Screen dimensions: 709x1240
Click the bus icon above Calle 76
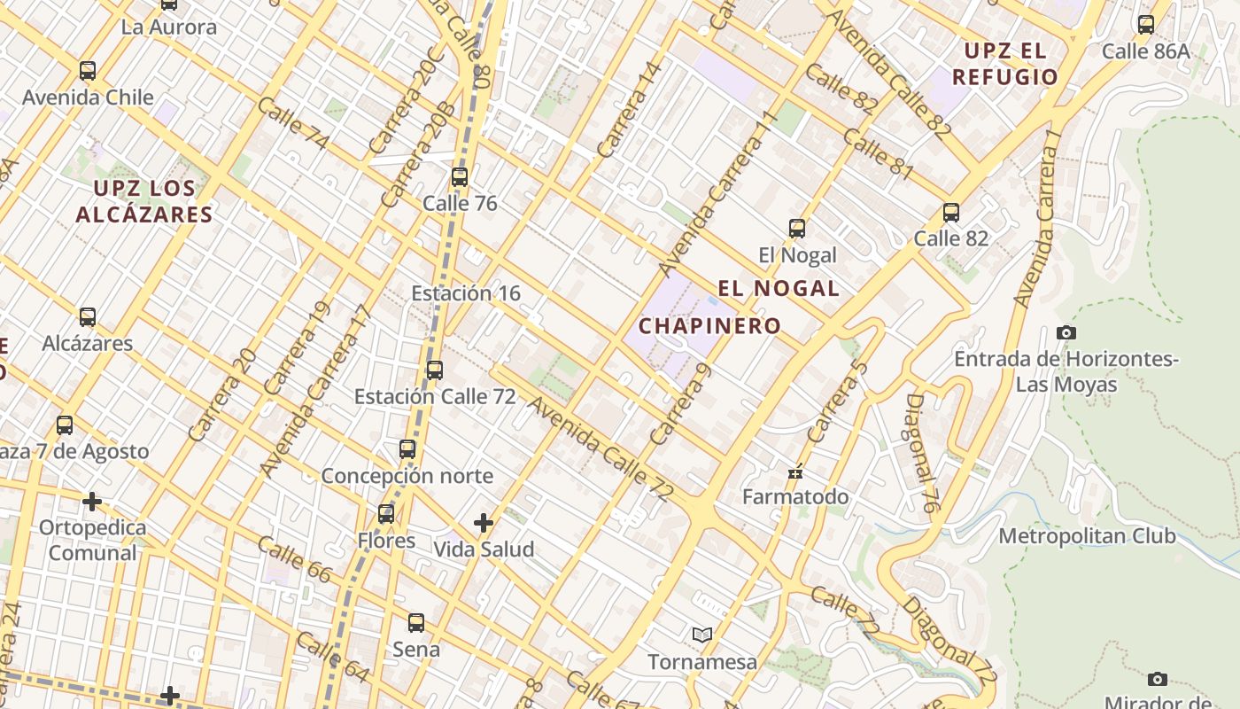(459, 176)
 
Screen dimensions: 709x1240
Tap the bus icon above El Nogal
(797, 229)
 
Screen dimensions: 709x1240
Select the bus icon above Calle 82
(951, 213)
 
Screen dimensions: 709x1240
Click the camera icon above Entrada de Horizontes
(1066, 333)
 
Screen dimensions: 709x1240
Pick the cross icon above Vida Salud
(484, 523)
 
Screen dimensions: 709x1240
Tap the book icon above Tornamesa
(702, 635)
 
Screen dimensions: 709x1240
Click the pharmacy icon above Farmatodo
(795, 471)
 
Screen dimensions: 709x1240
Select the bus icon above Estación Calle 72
(435, 370)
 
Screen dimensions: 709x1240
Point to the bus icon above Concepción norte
(407, 449)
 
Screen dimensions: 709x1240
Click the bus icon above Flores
(386, 514)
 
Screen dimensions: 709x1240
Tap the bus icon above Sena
(416, 623)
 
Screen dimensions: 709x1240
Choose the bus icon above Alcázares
(88, 317)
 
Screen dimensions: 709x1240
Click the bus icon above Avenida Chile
(88, 71)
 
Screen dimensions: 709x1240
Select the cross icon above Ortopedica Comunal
(92, 502)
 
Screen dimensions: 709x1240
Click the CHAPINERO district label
(709, 326)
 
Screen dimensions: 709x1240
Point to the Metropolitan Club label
(1087, 536)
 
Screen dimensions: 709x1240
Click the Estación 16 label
(466, 293)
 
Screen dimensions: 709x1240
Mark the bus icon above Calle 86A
(1146, 25)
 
